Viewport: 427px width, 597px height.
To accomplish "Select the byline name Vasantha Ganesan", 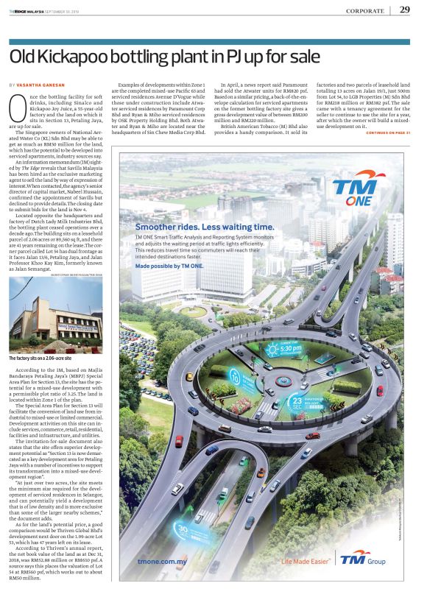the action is click(x=45, y=86).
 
